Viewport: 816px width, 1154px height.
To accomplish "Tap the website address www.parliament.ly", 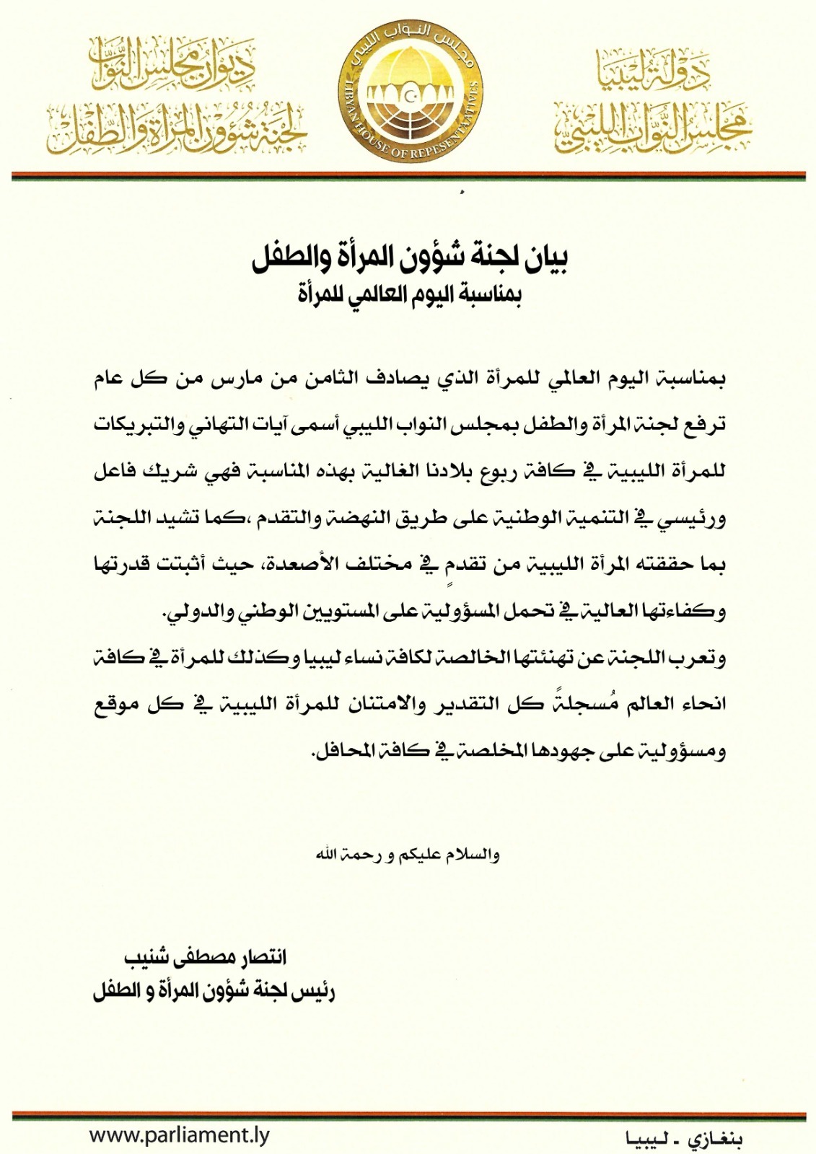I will click(179, 1135).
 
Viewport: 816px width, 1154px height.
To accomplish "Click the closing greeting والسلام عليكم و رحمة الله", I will click(408, 855).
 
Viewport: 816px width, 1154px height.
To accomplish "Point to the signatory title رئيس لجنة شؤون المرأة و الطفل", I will click(214, 991).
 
